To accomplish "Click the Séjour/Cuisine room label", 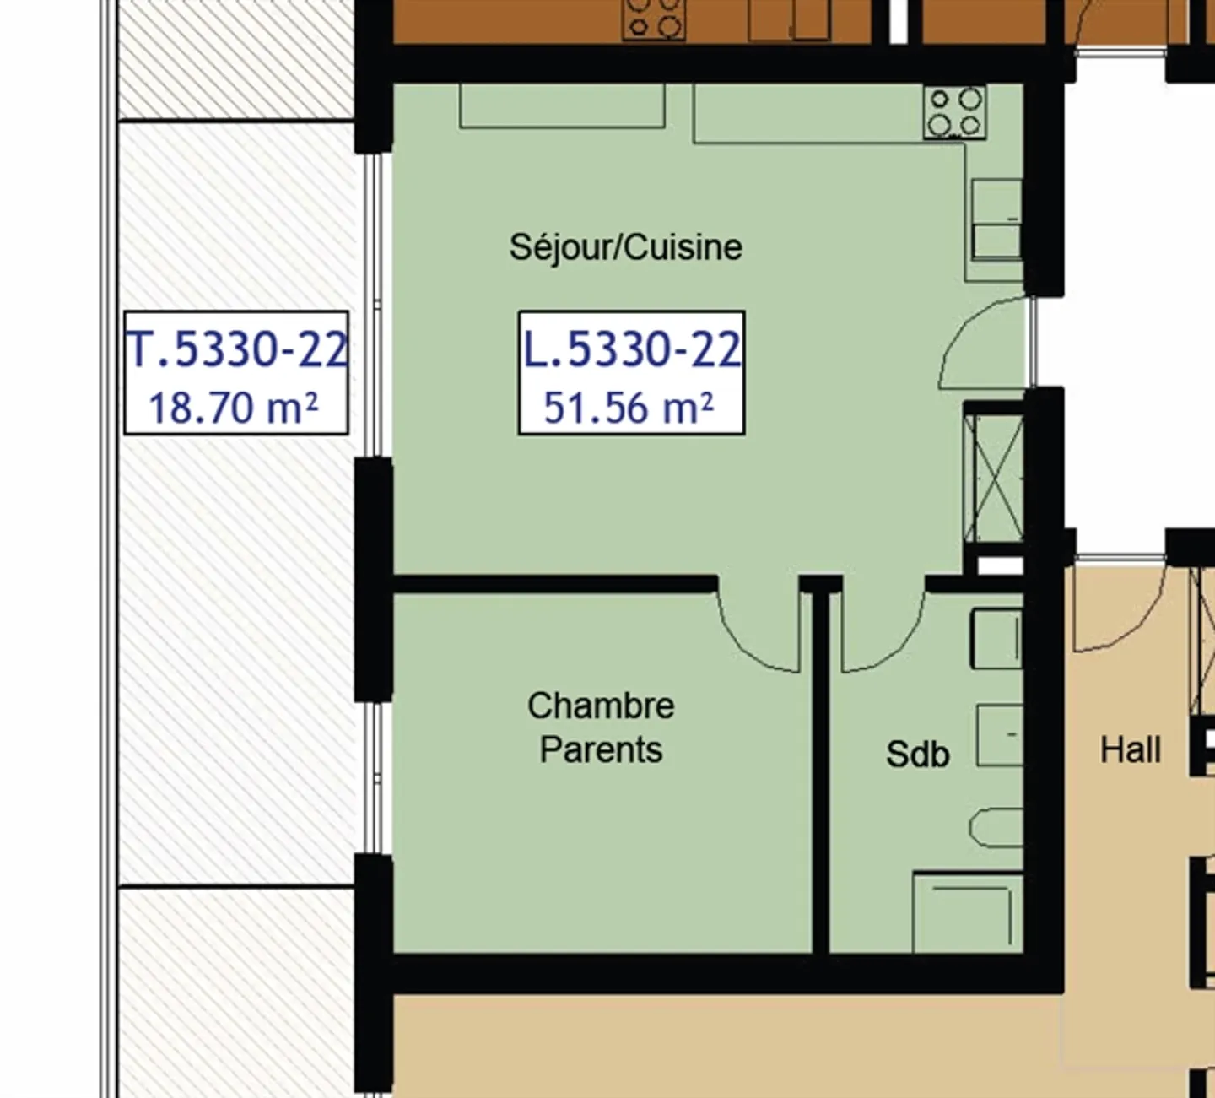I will point(625,248).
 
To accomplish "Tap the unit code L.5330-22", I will point(631,349).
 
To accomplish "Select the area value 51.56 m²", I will point(629,408).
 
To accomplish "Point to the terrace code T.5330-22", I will point(236,349).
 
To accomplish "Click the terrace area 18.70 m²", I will point(234,408).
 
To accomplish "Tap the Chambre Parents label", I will point(601,727).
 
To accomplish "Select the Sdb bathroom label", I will point(917,754).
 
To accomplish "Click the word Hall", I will point(1130,749).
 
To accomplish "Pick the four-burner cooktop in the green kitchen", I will point(954,112).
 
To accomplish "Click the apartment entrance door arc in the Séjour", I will point(983,342).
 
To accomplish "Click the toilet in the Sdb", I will point(996,828).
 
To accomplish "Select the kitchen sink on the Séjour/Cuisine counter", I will point(996,219).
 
